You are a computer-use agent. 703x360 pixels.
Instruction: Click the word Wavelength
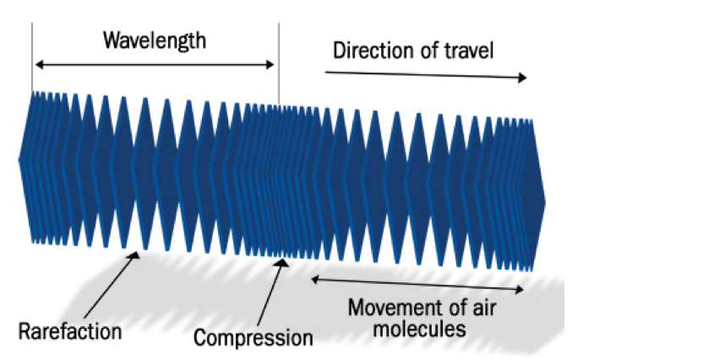pos(155,41)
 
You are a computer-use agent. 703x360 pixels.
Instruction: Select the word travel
pos(468,51)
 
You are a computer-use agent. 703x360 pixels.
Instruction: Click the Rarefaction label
pos(70,332)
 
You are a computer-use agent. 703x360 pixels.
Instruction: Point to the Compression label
pos(253,337)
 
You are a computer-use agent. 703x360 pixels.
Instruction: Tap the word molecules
pos(420,329)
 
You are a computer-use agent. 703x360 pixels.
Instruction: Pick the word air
pos(482,308)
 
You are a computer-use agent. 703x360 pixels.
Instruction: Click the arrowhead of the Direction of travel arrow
pos(522,78)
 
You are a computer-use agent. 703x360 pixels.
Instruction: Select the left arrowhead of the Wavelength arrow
pos(40,64)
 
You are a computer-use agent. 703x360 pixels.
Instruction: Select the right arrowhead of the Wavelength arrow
pos(270,64)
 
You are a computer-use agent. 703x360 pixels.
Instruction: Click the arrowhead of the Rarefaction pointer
pos(134,255)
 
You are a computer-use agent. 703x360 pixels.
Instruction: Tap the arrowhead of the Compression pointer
pos(281,262)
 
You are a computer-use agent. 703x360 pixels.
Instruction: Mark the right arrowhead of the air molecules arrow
pos(519,290)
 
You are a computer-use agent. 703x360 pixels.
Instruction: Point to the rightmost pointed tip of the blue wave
pos(545,202)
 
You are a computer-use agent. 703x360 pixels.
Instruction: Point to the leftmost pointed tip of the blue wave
pos(19,159)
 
